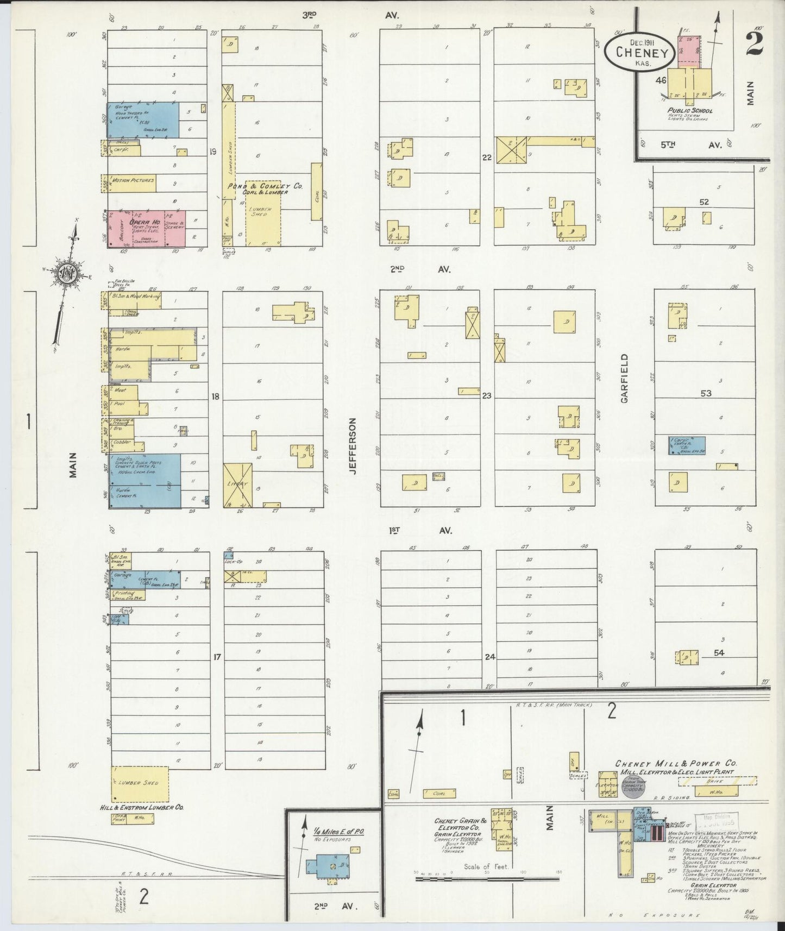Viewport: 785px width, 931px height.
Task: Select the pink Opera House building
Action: pos(146,229)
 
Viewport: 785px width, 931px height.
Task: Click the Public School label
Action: pos(690,110)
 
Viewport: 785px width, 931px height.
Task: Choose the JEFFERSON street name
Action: pos(353,446)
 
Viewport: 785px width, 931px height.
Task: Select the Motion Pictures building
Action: pos(133,181)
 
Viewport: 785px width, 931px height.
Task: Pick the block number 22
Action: pos(486,158)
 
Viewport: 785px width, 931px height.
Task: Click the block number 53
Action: pos(706,393)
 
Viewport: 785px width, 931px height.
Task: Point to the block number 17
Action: pos(217,657)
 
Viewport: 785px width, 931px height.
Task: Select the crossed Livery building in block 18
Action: pos(238,485)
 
